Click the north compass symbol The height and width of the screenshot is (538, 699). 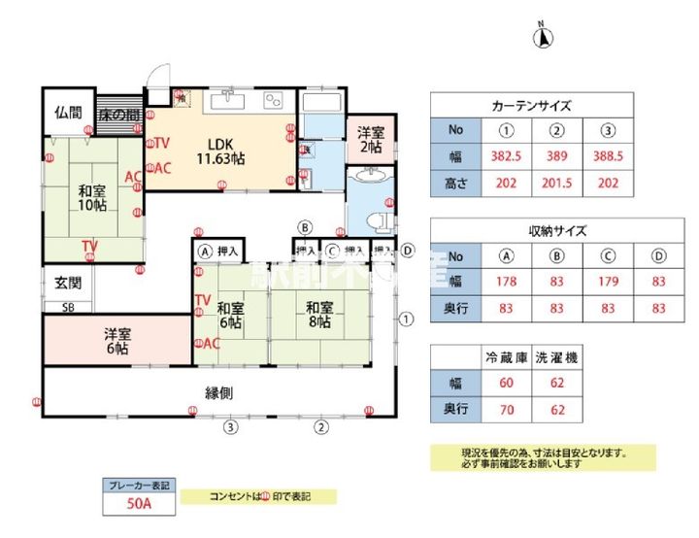[544, 37]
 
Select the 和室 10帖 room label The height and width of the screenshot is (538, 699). [93, 197]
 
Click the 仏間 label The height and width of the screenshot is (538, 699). [67, 112]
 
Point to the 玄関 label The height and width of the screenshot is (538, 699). [67, 284]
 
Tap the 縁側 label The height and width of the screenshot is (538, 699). [218, 392]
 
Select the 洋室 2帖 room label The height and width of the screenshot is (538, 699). [370, 139]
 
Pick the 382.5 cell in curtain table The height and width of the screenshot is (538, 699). [505, 156]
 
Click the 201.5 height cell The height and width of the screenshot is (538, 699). [556, 183]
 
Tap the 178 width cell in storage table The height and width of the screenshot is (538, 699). [505, 283]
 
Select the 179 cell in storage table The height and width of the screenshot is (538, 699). [608, 283]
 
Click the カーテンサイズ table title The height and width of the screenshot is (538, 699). [531, 104]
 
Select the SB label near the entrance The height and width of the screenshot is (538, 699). [67, 307]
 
